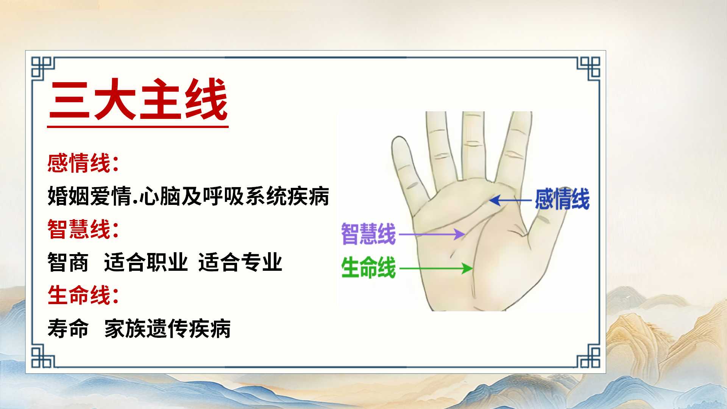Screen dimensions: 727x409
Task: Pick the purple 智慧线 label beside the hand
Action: click(x=368, y=234)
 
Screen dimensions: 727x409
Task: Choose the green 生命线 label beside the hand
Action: click(x=368, y=268)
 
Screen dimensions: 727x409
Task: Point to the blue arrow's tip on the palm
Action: click(x=490, y=200)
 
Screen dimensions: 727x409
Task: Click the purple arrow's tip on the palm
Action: click(x=465, y=234)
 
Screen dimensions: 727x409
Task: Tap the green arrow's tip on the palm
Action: click(x=473, y=269)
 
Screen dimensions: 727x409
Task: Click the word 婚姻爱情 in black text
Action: click(x=89, y=196)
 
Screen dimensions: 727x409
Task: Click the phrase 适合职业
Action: click(x=146, y=262)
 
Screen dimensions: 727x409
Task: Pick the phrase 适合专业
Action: click(x=240, y=262)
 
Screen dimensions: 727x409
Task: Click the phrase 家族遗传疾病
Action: click(x=167, y=328)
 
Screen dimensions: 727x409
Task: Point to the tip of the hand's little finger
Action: click(x=400, y=139)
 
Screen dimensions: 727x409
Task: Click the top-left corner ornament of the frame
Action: click(x=43, y=68)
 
